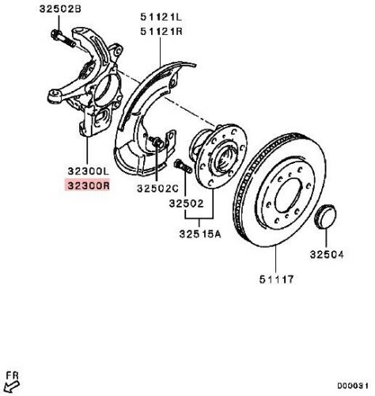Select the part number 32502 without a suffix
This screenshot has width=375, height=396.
pos(187,204)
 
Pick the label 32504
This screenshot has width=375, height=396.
pos(327,254)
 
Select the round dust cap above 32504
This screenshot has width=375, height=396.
pos(326,217)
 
